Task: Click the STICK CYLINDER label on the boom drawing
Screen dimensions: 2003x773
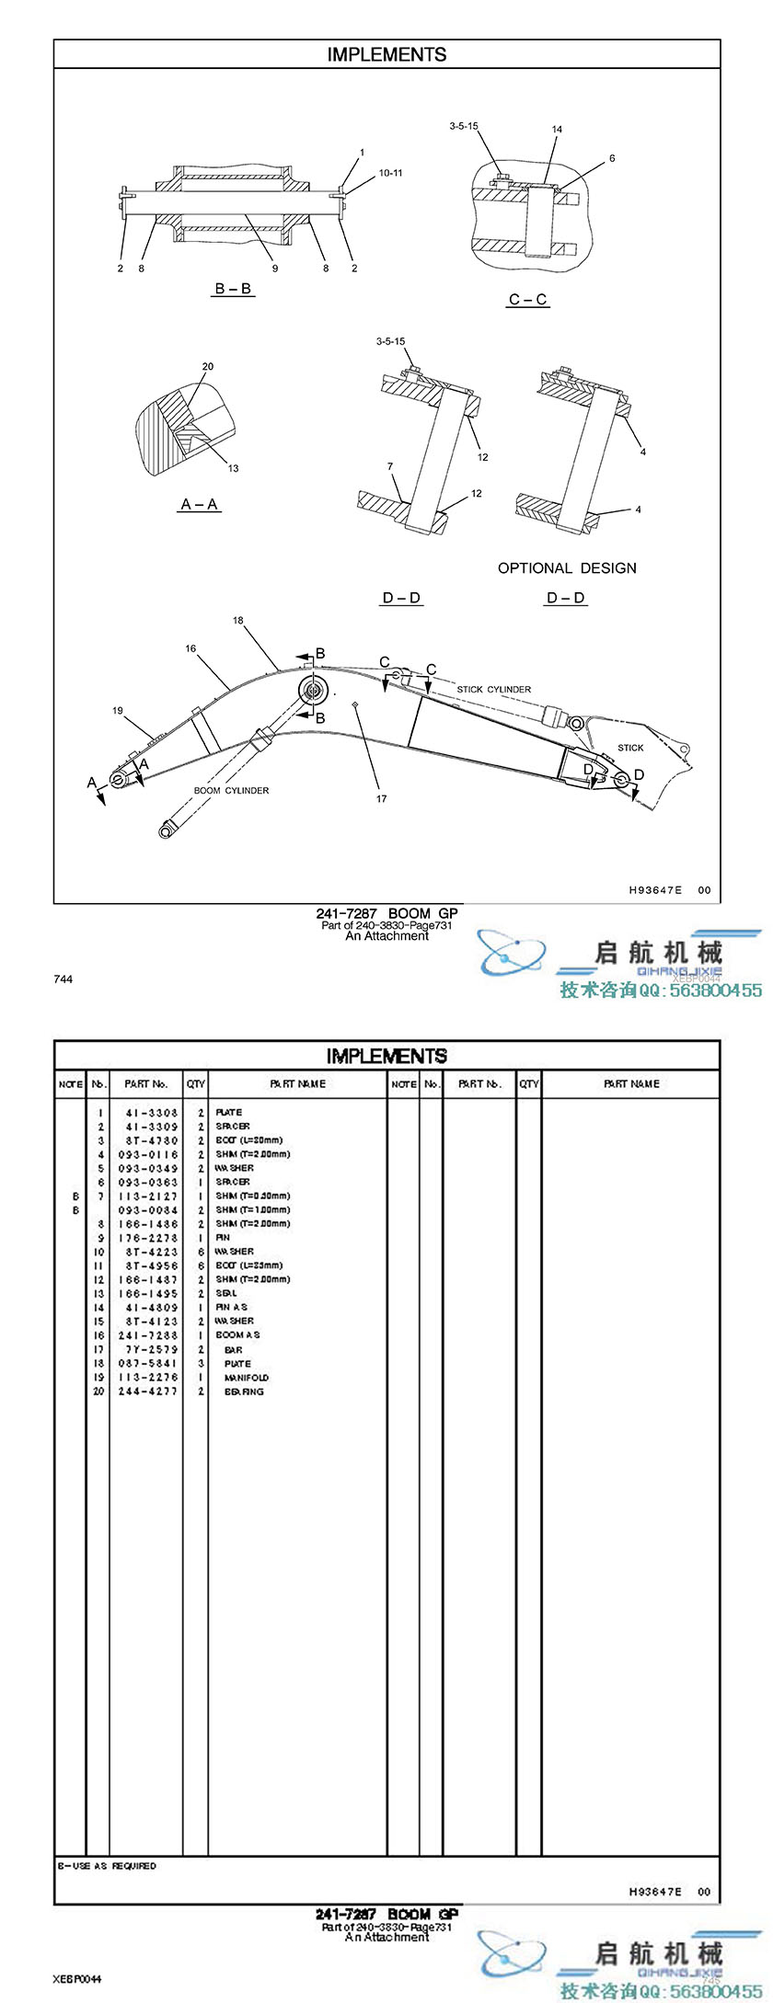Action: [x=494, y=689]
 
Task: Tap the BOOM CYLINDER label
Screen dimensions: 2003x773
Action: [x=231, y=791]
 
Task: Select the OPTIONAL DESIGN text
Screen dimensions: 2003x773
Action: [x=567, y=568]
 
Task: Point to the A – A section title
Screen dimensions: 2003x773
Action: [x=200, y=504]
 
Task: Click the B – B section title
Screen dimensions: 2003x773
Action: [x=233, y=289]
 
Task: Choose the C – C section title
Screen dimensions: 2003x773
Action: [x=528, y=300]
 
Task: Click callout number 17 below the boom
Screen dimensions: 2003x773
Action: [x=381, y=799]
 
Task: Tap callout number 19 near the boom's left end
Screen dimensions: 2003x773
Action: [x=118, y=711]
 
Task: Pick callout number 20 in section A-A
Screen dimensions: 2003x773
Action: [x=208, y=367]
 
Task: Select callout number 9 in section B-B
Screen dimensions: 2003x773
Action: [x=274, y=269]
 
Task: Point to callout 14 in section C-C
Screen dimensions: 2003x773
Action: [x=557, y=130]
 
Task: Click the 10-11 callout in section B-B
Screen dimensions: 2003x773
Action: [x=390, y=173]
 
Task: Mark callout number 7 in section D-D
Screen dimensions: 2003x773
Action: [x=390, y=467]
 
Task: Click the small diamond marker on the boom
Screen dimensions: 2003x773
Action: [x=355, y=704]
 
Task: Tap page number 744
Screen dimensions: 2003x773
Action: [x=63, y=979]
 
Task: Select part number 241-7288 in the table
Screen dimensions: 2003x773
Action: [x=147, y=1334]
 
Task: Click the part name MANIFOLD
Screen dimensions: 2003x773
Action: [x=247, y=1378]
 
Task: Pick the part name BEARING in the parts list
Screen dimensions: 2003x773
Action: [x=244, y=1391]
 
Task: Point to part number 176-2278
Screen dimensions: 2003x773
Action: [x=147, y=1238]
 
